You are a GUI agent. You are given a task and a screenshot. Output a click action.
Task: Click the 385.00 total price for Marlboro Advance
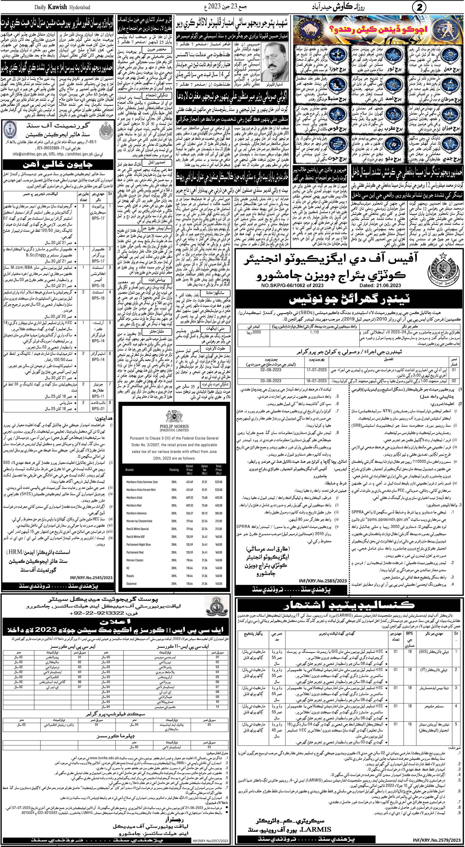219,513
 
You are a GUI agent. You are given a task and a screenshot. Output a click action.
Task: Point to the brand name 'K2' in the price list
128,568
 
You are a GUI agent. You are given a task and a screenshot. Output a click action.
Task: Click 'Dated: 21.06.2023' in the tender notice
382,286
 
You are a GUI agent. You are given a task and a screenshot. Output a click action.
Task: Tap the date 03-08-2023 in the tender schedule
271,380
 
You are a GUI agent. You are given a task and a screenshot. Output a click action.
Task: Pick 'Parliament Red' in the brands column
135,552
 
